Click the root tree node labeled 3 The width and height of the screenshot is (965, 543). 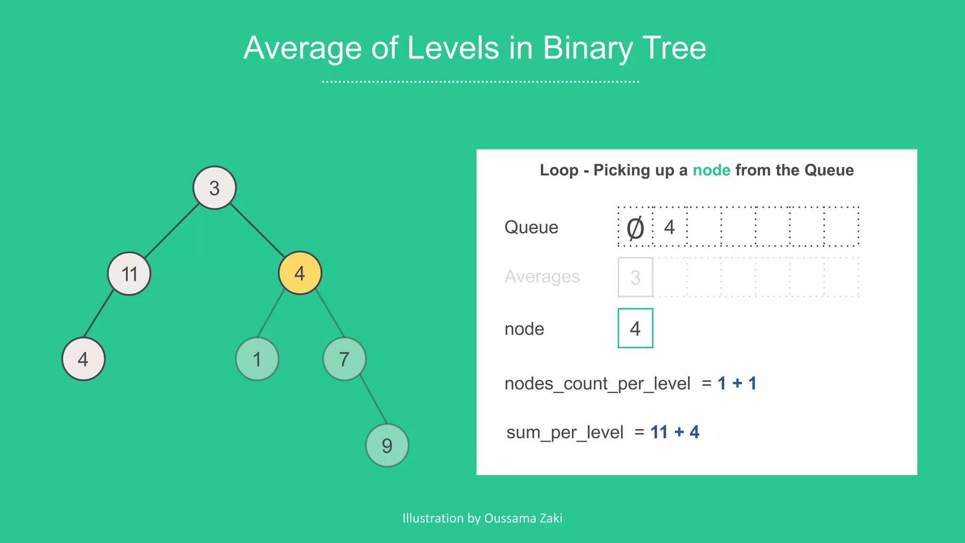coord(214,188)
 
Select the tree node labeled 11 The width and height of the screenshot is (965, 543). coord(129,273)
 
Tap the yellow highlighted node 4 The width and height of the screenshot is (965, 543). coord(300,273)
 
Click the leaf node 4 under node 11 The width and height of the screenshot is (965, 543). coord(83,359)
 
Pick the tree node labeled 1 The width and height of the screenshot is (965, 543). coord(257,359)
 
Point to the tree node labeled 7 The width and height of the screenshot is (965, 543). coord(344,359)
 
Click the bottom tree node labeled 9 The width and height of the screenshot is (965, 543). coord(387,445)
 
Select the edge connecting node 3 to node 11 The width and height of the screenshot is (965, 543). coord(172,230)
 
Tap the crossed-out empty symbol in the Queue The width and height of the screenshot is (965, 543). coord(635,228)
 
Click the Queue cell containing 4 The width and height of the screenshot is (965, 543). coord(670,227)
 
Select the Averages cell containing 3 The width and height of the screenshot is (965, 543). coord(635,277)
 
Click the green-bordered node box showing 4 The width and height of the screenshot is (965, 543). coord(635,329)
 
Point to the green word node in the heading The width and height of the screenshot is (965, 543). coord(711,170)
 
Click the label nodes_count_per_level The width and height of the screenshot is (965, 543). coord(597,384)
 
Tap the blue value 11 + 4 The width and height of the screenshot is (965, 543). coord(674,432)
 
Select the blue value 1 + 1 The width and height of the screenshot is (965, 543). coord(737,383)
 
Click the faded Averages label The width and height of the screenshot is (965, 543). coord(542,277)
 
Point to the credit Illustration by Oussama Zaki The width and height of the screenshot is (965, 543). coord(482,518)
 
